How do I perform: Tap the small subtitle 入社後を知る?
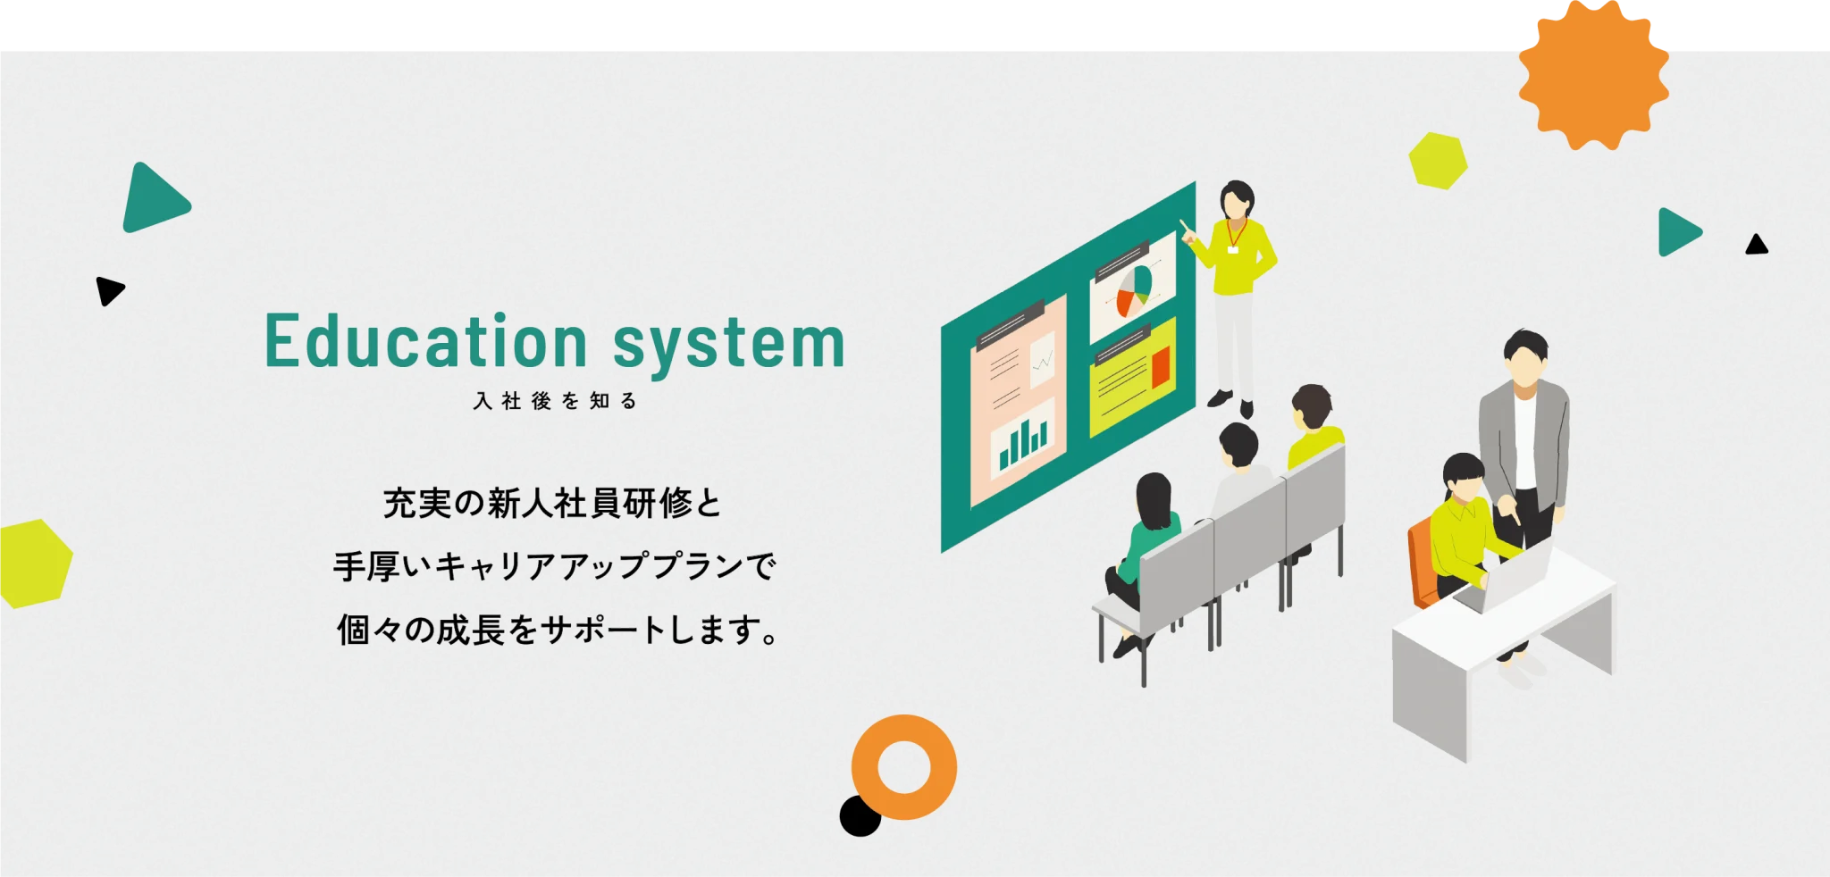pyautogui.click(x=555, y=401)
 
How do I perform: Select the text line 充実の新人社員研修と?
pyautogui.click(x=552, y=504)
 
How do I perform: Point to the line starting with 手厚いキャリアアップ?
pyautogui.click(x=555, y=566)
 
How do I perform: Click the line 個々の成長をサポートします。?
pyautogui.click(x=558, y=630)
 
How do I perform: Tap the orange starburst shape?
pyautogui.click(x=1594, y=74)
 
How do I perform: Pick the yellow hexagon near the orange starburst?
pyautogui.click(x=1438, y=161)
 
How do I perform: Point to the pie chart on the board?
pyautogui.click(x=1134, y=290)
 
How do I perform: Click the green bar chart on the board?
pyautogui.click(x=1023, y=443)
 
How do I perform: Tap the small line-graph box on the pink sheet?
pyautogui.click(x=1042, y=359)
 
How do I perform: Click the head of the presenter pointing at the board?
pyautogui.click(x=1238, y=201)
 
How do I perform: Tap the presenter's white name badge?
pyautogui.click(x=1233, y=249)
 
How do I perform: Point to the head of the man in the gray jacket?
pyautogui.click(x=1525, y=356)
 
